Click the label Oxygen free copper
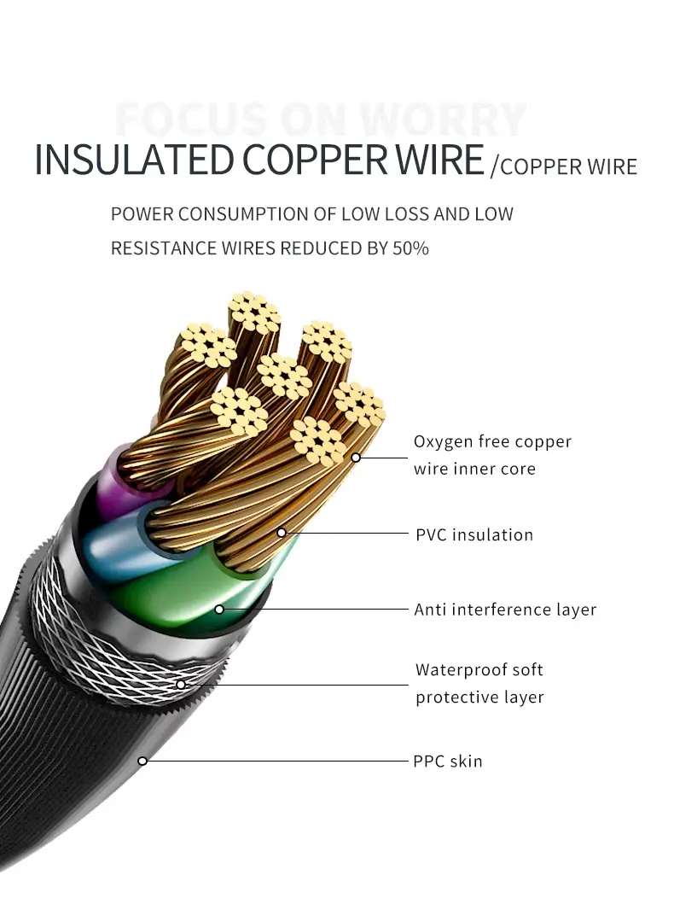[x=492, y=441]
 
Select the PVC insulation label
[x=474, y=535]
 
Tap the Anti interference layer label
[x=505, y=610]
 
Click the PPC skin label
[x=448, y=761]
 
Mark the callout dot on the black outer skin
[x=142, y=761]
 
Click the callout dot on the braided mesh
[x=181, y=684]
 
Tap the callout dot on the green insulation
[x=219, y=610]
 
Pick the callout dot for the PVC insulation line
[x=282, y=533]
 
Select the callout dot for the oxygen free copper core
[x=356, y=458]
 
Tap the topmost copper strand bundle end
[x=255, y=313]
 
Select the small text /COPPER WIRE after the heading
[x=564, y=166]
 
